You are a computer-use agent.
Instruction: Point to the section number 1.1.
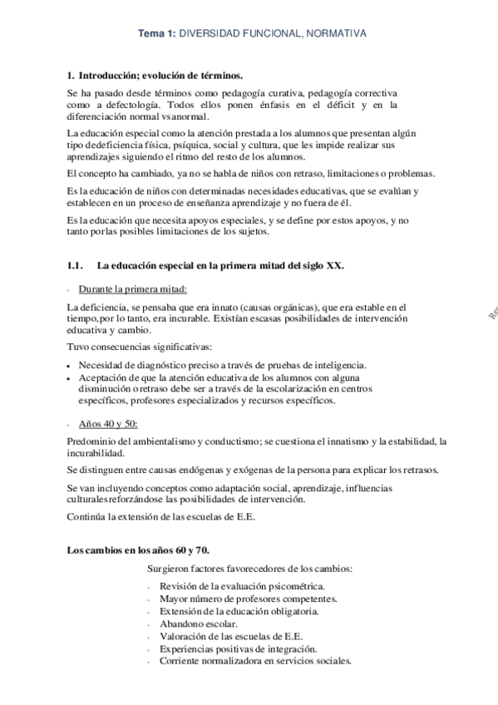pyautogui.click(x=75, y=265)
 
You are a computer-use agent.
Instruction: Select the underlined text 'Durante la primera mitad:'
pyautogui.click(x=133, y=288)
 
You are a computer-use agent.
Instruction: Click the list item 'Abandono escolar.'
pyautogui.click(x=192, y=624)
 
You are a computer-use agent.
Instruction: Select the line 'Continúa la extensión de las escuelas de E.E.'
pyautogui.click(x=161, y=516)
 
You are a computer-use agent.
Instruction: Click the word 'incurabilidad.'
pyautogui.click(x=95, y=453)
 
